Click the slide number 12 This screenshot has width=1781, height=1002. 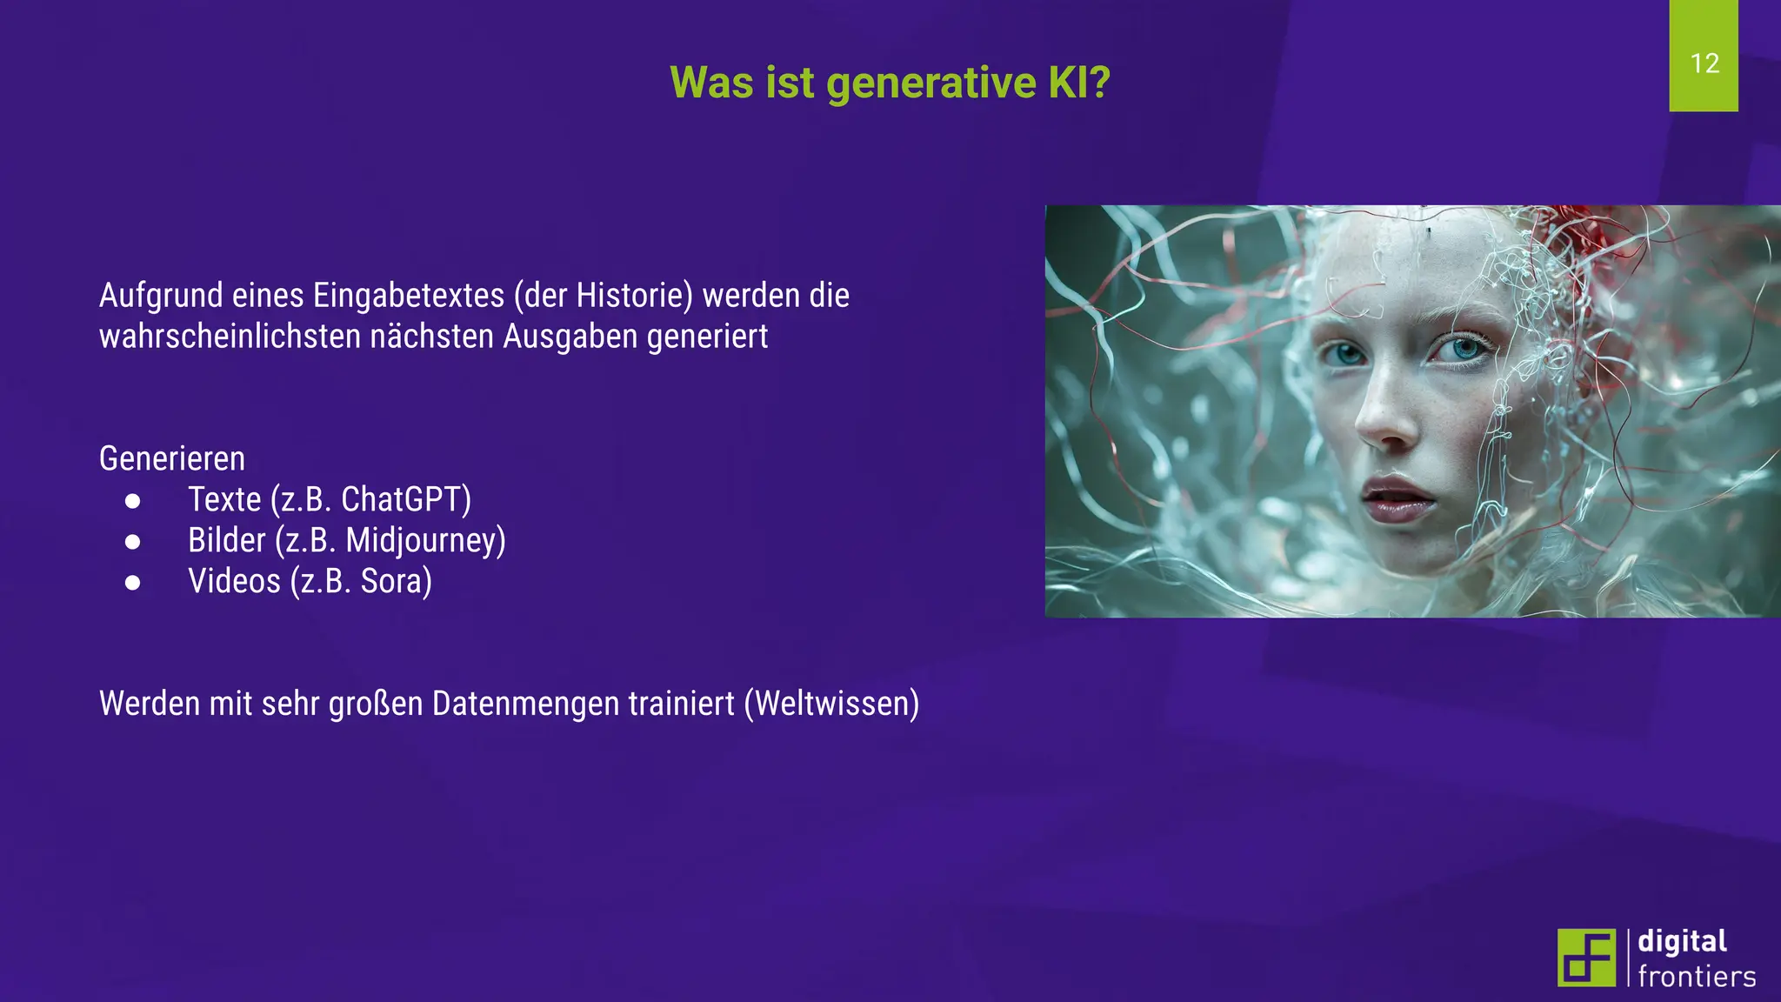point(1704,63)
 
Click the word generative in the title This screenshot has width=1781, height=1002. point(931,83)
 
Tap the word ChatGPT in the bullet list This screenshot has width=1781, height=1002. point(405,499)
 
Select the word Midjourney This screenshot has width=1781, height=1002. point(424,540)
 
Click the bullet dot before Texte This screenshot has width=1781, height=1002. point(132,501)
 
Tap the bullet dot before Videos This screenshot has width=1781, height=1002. point(132,583)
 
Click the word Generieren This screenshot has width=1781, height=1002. point(172,458)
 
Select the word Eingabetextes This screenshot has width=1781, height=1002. point(409,296)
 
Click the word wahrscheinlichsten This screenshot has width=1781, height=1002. point(230,337)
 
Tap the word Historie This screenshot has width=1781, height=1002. point(633,296)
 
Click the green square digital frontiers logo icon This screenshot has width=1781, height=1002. point(1586,958)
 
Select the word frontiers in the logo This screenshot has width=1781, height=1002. point(1696,977)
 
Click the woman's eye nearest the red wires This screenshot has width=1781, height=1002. point(1466,350)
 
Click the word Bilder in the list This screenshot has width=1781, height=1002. point(226,540)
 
